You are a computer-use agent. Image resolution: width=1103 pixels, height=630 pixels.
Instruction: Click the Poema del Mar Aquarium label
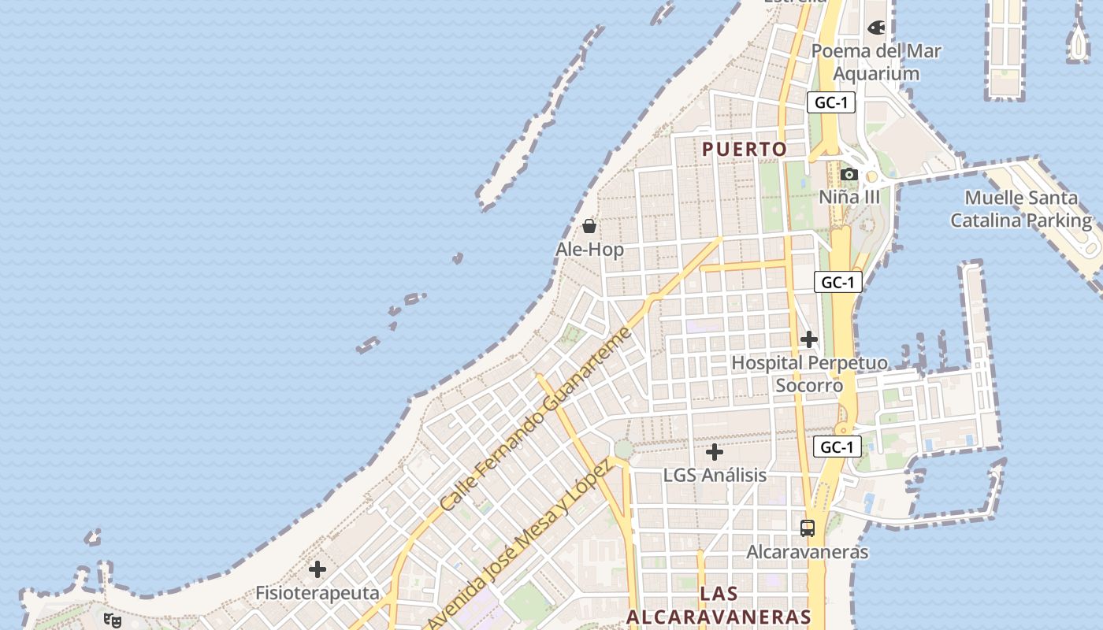876,62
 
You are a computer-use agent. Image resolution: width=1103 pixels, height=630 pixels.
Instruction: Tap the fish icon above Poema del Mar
876,28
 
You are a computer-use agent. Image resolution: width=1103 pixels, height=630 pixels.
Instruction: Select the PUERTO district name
745,149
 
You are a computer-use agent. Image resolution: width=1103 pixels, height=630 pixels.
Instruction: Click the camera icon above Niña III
849,174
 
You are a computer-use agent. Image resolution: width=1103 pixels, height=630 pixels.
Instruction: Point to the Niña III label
849,197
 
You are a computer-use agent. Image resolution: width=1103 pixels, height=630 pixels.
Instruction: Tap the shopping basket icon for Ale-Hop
589,227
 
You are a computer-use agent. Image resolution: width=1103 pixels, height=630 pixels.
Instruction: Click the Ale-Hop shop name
589,250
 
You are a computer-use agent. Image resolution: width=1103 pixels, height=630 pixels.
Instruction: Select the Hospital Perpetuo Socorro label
809,374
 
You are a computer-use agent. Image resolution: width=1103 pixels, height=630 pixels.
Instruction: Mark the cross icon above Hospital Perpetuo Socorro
809,339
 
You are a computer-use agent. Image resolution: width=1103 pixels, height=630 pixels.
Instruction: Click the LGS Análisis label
715,475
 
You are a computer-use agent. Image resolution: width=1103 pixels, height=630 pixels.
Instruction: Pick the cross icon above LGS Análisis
715,452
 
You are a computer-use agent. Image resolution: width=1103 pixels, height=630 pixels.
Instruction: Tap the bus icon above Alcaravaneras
808,528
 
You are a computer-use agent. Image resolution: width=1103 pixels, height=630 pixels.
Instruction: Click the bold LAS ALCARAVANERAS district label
719,605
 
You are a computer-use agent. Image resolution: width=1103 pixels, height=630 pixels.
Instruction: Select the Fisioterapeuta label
318,592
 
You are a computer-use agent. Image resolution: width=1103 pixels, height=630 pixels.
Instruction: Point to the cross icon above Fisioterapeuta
318,569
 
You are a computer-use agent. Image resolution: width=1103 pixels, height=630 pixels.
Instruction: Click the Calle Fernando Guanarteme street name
536,419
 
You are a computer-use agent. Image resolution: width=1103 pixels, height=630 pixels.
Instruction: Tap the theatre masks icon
113,621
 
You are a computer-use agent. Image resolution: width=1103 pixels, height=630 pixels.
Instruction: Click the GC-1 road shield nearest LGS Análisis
837,447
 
